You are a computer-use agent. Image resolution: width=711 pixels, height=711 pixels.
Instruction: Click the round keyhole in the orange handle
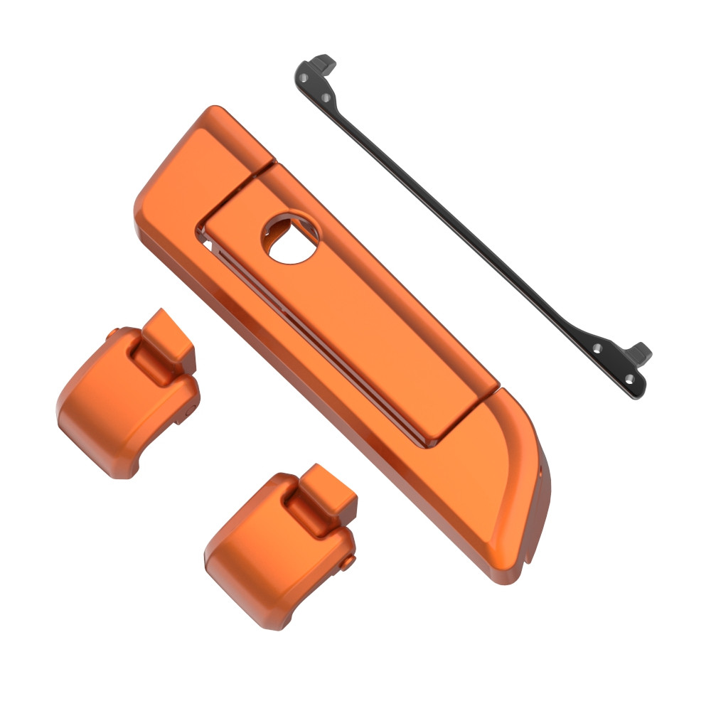[x=289, y=237]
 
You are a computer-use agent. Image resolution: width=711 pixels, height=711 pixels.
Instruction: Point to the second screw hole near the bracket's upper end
[x=326, y=97]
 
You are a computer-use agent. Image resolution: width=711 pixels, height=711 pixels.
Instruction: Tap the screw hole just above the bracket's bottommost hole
[x=597, y=348]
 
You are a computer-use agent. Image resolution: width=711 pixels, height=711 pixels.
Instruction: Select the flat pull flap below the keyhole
[x=370, y=341]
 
